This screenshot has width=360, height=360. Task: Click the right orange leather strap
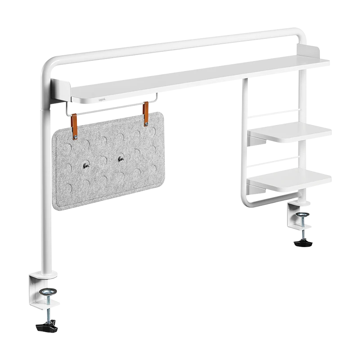[145, 115]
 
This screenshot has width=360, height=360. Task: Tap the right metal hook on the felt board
[120, 158]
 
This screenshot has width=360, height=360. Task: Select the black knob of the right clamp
[302, 243]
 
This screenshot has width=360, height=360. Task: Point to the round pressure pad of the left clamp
[47, 292]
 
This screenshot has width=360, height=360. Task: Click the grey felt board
[108, 180]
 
